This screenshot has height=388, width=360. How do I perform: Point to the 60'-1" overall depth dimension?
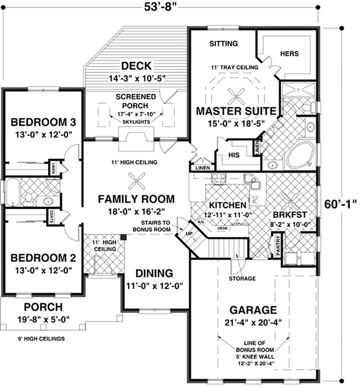[340, 203]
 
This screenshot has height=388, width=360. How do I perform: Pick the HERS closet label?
[289, 53]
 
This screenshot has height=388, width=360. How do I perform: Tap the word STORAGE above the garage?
[242, 279]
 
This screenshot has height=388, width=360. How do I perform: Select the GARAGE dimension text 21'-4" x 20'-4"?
[252, 323]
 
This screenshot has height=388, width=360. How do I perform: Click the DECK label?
[136, 66]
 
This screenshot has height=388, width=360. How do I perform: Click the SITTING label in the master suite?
[224, 44]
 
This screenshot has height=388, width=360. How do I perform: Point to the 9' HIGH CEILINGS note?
[41, 339]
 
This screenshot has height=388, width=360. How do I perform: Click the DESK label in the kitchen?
[221, 228]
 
